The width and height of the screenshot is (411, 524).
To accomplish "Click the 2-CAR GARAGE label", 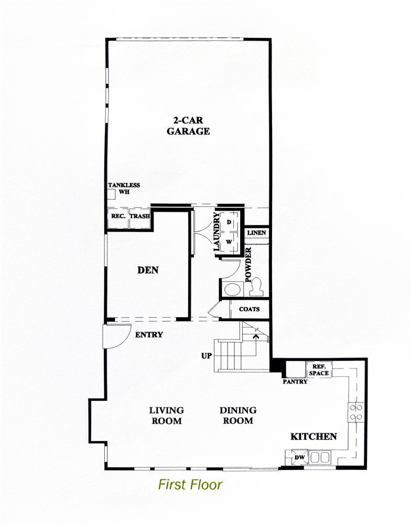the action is tap(188, 125).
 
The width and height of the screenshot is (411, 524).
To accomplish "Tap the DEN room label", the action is tap(148, 270).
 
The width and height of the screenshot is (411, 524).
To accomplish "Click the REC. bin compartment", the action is tap(118, 218).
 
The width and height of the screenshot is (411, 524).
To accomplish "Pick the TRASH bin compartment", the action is tap(140, 218).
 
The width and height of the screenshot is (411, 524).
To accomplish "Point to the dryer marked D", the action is tap(229, 222).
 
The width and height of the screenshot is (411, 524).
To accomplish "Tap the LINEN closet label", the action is tap(257, 233).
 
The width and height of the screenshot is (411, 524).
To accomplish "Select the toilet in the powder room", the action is tap(257, 287).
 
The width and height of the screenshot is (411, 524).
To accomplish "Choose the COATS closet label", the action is tap(250, 309).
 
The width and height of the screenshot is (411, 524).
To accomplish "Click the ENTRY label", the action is tap(149, 334).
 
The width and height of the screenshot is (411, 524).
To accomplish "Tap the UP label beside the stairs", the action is tap(207, 356).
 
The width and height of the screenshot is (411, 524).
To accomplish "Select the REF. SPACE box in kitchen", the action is tap(319, 369).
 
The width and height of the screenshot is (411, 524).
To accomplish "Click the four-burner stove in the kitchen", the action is tap(355, 412).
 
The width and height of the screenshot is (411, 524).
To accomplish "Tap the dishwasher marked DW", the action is tap(299, 457).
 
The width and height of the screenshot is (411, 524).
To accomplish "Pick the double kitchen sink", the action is tap(320, 457).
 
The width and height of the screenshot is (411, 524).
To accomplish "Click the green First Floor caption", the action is tap(190, 485).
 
